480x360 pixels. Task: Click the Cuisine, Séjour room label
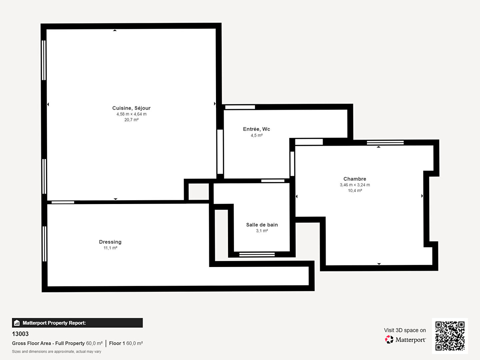tap(131, 108)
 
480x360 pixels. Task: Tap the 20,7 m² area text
tap(131, 120)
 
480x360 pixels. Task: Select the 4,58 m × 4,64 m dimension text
tap(131, 114)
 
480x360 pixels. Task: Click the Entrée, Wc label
tap(257, 129)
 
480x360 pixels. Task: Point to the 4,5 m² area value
tap(257, 136)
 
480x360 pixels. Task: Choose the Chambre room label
tap(355, 179)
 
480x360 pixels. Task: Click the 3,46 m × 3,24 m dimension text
tap(355, 185)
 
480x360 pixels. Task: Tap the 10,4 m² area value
tap(355, 191)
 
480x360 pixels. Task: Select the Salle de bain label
tap(262, 225)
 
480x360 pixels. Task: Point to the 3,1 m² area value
tap(262, 231)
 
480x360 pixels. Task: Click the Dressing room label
tap(110, 242)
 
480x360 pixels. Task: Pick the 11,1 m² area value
tap(110, 248)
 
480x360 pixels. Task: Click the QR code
tap(450, 336)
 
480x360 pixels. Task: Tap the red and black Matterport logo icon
tap(389, 339)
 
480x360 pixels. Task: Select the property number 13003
tap(20, 334)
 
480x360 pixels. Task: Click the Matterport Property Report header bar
tap(77, 323)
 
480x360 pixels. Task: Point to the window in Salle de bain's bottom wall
tap(257, 254)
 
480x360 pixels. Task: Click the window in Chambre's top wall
tap(385, 143)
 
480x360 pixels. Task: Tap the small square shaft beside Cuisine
tap(199, 191)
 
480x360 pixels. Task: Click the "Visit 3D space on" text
tap(405, 330)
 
